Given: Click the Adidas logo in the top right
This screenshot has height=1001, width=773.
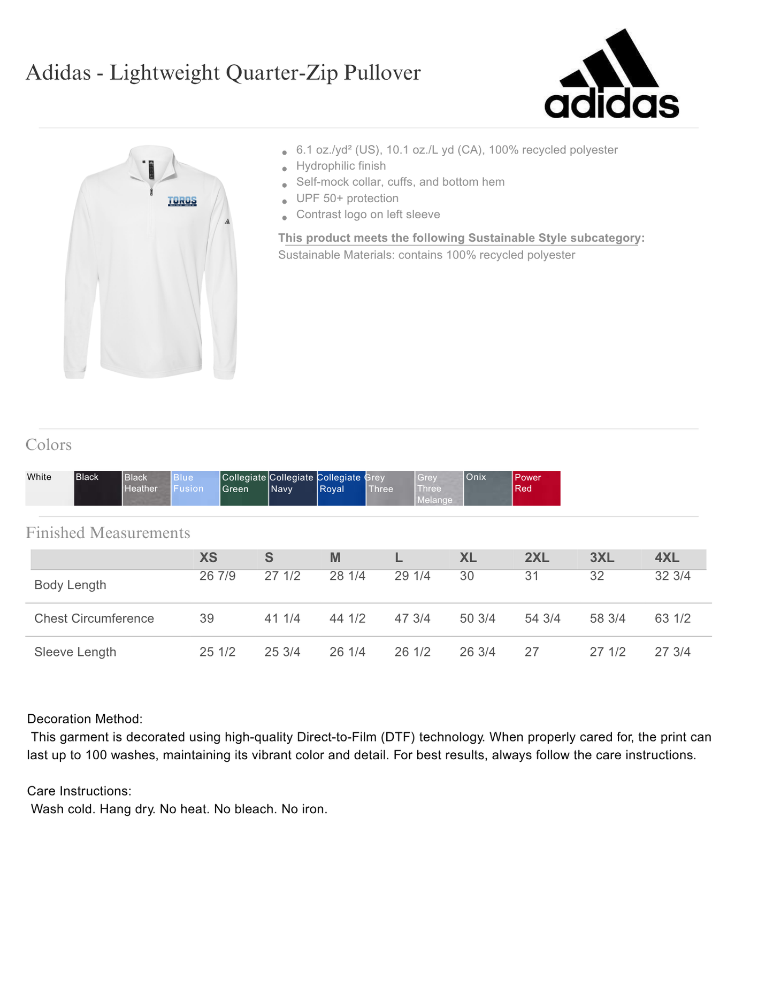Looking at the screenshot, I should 611,75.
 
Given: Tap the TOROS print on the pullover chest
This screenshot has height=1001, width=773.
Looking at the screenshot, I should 182,201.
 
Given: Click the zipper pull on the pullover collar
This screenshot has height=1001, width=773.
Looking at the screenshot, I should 151,191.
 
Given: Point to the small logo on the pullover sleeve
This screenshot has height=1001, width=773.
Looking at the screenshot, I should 227,221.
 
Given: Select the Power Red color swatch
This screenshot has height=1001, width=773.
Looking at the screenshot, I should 536,488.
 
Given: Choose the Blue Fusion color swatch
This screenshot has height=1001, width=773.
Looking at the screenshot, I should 195,488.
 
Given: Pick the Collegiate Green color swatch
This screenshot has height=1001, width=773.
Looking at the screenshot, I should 244,488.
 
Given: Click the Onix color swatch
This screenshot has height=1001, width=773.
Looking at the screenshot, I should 487,488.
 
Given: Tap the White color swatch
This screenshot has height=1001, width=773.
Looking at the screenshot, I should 49,488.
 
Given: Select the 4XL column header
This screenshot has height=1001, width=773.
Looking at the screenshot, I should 667,557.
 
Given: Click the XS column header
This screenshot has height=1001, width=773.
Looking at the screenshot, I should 208,557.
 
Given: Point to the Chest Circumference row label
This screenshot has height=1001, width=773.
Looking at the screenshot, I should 94,618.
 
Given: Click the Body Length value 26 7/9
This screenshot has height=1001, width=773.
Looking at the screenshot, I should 217,576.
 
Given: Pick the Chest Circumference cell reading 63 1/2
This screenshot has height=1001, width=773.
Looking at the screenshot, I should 672,618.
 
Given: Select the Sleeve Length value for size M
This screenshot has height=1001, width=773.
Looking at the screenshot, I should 347,652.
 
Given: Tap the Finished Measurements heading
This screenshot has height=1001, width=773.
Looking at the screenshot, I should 108,533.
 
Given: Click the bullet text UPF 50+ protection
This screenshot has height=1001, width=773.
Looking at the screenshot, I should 347,198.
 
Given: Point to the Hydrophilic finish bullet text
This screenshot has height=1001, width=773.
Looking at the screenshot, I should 341,166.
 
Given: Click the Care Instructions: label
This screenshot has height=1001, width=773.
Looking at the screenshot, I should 79,791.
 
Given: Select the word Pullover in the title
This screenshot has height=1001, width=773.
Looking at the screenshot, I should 382,73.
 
